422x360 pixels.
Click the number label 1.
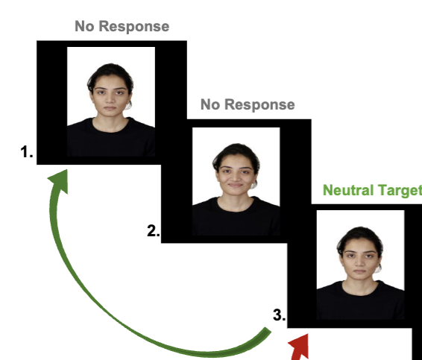tap(27, 152)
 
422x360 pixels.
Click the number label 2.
tap(154, 231)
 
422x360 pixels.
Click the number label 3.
tap(279, 315)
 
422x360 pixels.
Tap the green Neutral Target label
tap(372, 191)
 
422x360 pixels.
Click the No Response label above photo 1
tap(122, 26)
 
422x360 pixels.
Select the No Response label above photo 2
tap(248, 104)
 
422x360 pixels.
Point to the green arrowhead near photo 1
tap(60, 180)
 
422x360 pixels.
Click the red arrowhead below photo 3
tap(299, 347)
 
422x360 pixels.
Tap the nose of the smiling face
tap(235, 177)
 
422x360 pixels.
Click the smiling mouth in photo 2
tap(236, 185)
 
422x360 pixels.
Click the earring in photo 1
tap(128, 106)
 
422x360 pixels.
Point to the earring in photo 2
tap(253, 185)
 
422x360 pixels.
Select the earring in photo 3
tap(378, 269)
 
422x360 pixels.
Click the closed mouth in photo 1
tap(110, 108)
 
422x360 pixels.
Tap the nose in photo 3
tap(360, 264)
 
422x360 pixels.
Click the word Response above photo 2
tap(259, 104)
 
